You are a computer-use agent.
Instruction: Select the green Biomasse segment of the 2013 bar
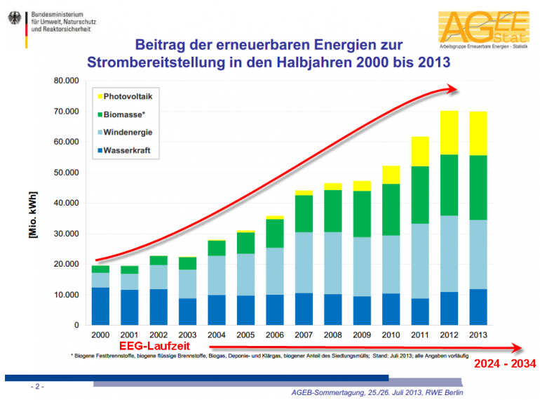tap(478, 187)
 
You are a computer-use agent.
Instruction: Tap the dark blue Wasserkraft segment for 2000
tap(100, 306)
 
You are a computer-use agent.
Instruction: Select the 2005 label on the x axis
tap(245, 336)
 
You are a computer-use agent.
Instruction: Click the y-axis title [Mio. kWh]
tap(33, 204)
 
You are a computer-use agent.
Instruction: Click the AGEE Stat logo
tap(482, 28)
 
